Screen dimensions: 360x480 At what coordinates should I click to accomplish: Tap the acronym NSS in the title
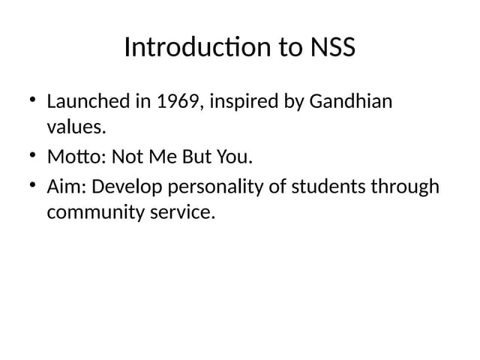coord(331,47)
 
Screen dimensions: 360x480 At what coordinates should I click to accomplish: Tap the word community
coord(97,213)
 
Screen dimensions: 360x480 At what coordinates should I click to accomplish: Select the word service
coord(184,213)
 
